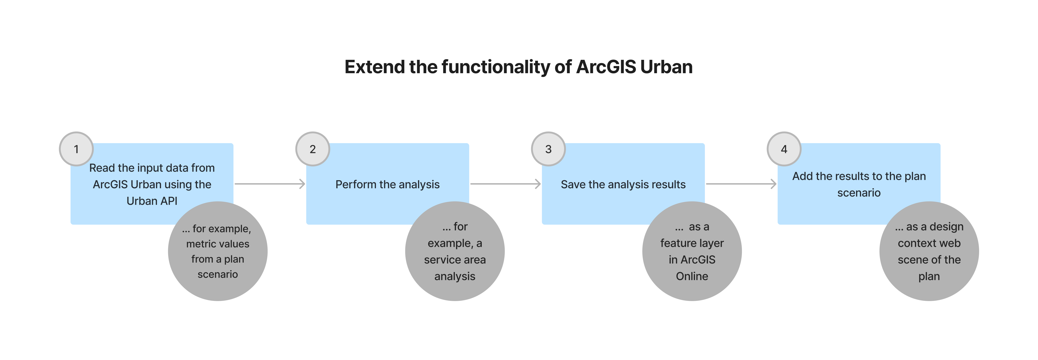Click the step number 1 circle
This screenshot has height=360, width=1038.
pyautogui.click(x=76, y=149)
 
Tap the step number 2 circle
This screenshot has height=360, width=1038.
pyautogui.click(x=313, y=149)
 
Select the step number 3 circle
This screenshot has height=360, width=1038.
pyautogui.click(x=548, y=149)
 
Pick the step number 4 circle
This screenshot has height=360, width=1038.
pyautogui.click(x=784, y=149)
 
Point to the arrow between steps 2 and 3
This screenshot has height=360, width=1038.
pyautogui.click(x=505, y=184)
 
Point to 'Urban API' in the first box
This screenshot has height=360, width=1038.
pyautogui.click(x=152, y=201)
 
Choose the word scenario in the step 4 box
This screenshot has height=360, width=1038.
pyautogui.click(x=859, y=193)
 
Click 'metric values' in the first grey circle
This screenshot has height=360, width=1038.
pyautogui.click(x=218, y=244)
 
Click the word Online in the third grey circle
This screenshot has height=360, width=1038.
pyautogui.click(x=692, y=276)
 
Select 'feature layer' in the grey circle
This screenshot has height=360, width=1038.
pyautogui.click(x=692, y=243)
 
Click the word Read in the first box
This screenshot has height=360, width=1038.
pyautogui.click(x=102, y=168)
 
